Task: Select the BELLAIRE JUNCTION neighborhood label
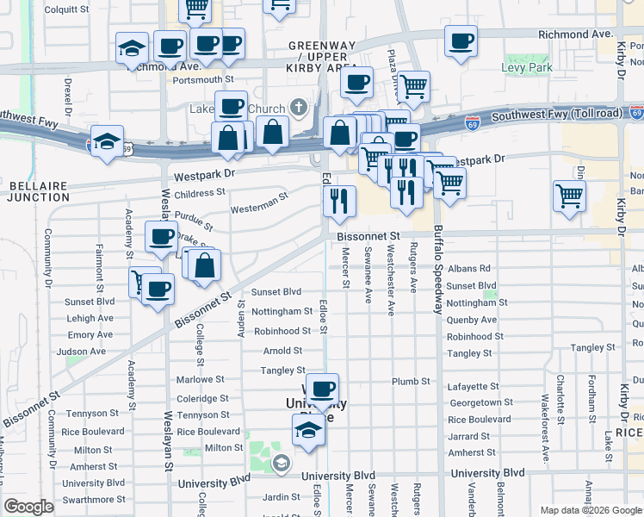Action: [39, 190]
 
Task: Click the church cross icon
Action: [299, 108]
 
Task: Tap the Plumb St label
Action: [410, 381]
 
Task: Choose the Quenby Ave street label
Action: [472, 320]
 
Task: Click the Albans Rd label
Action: [468, 269]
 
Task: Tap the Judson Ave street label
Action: [81, 351]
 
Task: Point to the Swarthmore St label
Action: [97, 499]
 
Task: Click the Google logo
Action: [28, 507]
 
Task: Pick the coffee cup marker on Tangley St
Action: [322, 389]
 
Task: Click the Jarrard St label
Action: [468, 436]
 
